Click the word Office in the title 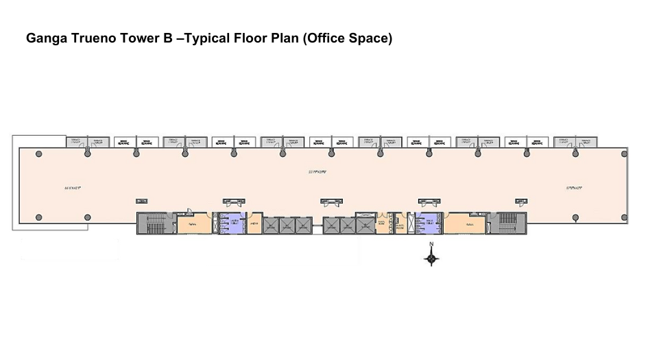coord(327,38)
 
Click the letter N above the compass coord(431,244)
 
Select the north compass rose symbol coord(431,258)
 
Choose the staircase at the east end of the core coord(509,224)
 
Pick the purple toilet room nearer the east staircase coord(428,224)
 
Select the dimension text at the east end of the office coord(575,187)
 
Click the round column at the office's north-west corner coord(38,153)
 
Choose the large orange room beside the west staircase coord(193,224)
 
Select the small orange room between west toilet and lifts coord(254,224)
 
